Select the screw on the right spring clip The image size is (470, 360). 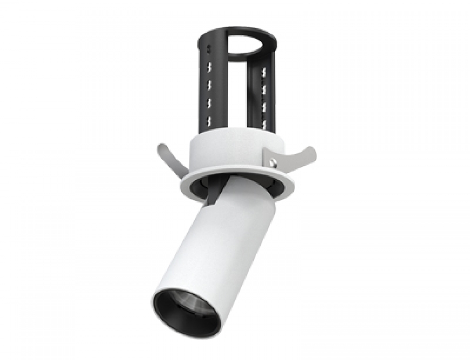274,161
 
